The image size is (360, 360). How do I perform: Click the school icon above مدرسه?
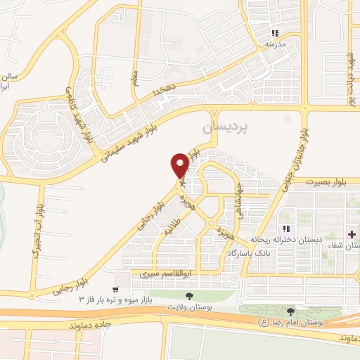(276, 33)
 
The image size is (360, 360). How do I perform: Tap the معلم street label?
(135, 72)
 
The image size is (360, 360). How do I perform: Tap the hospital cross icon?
(351, 233)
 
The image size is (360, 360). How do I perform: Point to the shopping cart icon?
(115, 289)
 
